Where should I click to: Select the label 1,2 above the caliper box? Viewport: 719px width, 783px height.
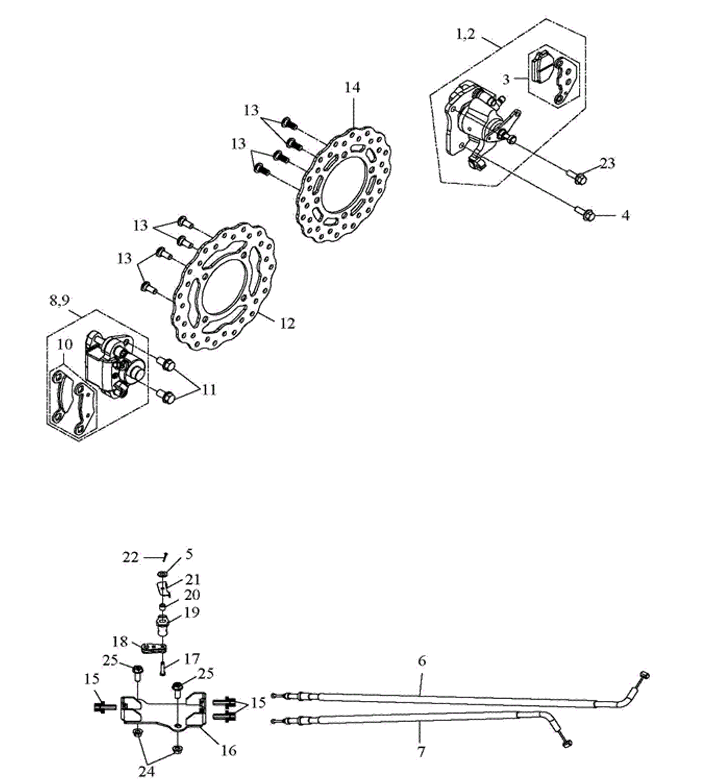(x=466, y=35)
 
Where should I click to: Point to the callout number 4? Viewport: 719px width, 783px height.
(x=625, y=215)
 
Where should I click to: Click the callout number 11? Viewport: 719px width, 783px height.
(x=209, y=390)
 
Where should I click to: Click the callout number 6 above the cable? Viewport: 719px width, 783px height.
(x=422, y=661)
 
